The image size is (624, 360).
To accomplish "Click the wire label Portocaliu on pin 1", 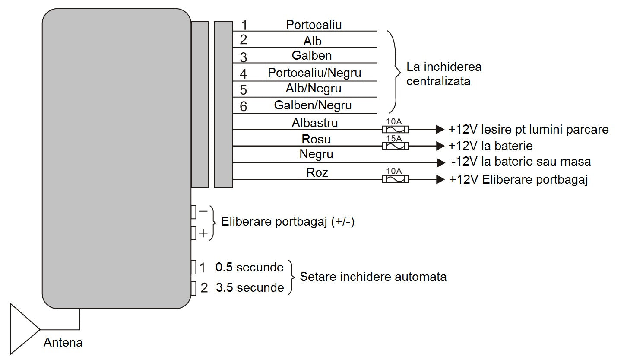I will [x=314, y=25].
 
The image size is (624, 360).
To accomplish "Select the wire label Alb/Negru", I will [x=314, y=89].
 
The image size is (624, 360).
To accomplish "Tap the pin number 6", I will [x=244, y=106].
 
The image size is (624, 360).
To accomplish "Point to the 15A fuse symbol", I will [x=396, y=146].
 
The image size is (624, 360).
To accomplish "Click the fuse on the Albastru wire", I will [x=396, y=129].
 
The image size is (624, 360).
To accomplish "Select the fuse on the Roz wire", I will [x=396, y=179].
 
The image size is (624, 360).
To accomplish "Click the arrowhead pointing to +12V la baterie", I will [x=440, y=146].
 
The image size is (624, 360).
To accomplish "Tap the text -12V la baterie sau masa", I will [x=521, y=162].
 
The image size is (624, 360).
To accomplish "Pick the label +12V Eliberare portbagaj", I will [x=519, y=179].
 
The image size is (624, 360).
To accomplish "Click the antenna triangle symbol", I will [x=22, y=328].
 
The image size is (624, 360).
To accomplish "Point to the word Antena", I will [x=63, y=343].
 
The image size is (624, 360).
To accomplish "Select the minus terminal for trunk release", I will [x=194, y=212].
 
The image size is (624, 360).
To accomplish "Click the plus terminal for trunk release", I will [x=194, y=233].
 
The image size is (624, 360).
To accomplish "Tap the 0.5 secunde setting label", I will [x=249, y=268].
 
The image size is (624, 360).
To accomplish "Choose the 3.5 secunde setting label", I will [x=250, y=287].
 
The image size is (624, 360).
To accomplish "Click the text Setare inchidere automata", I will [x=373, y=277].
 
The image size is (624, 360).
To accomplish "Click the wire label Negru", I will [x=316, y=154].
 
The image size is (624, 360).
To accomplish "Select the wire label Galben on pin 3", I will [x=312, y=56].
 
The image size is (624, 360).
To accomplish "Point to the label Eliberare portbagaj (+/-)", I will [x=288, y=222].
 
